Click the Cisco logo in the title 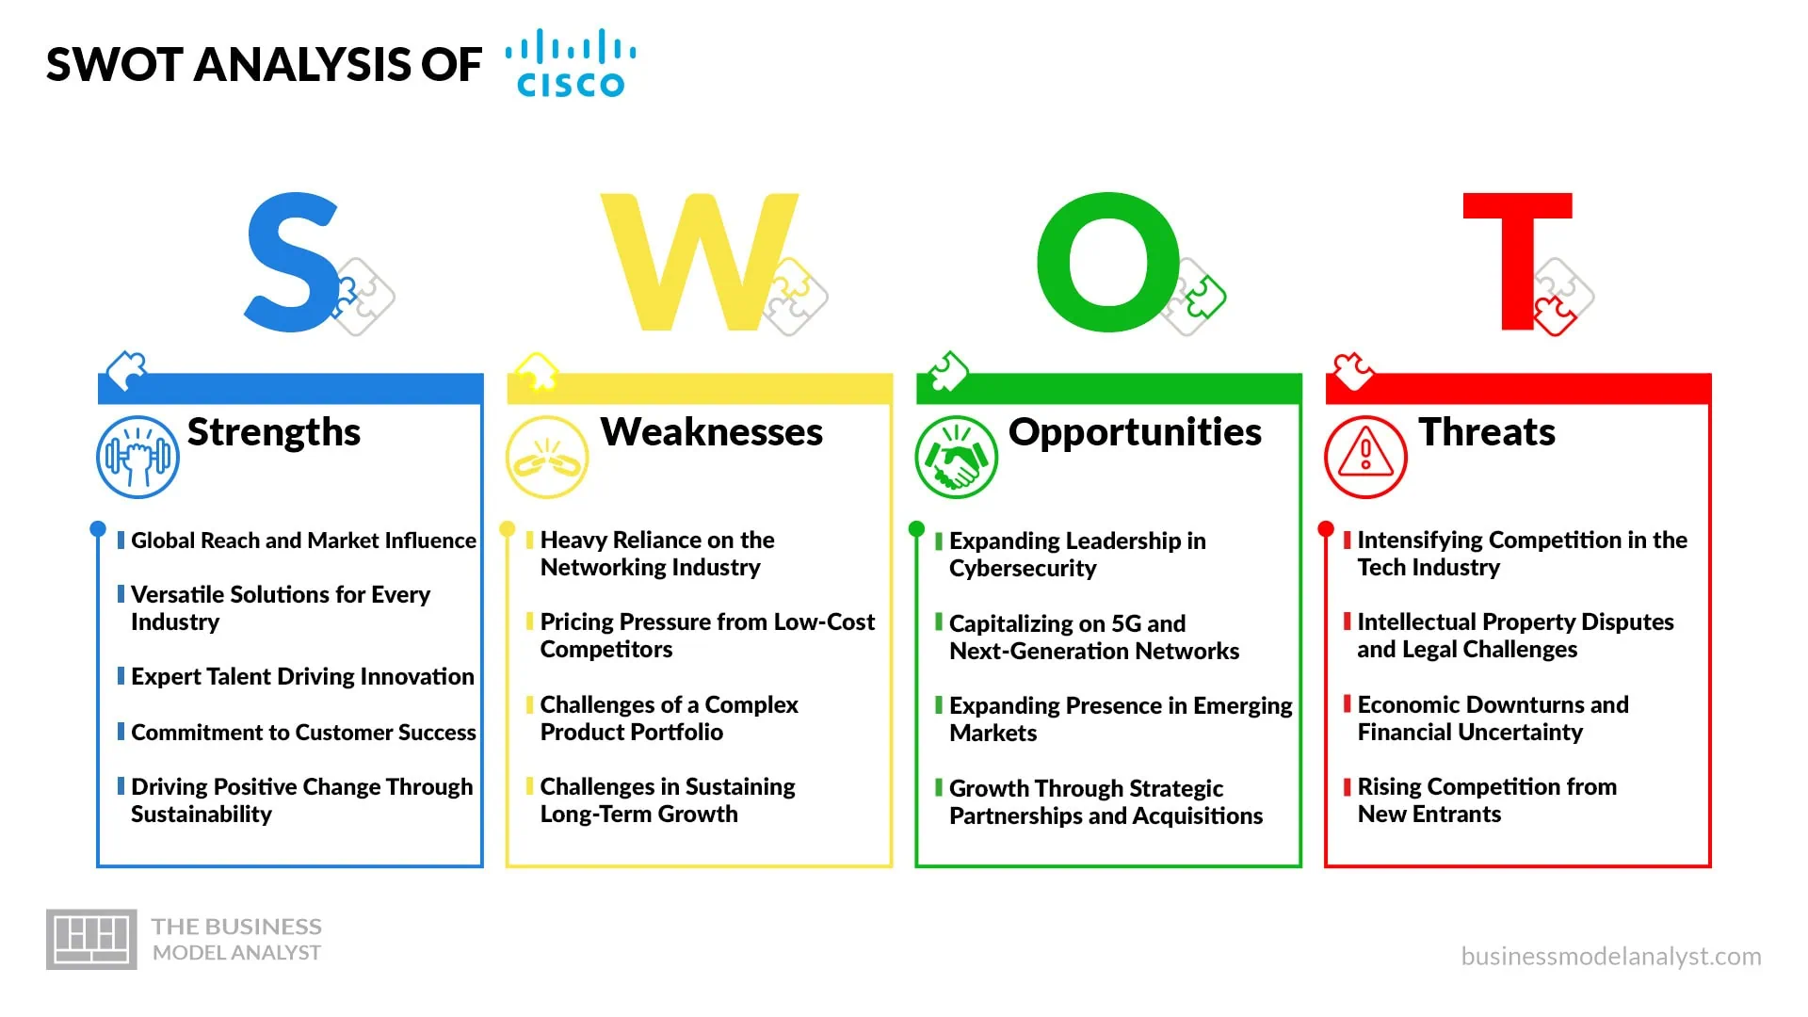571,63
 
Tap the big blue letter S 291,262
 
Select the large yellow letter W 699,262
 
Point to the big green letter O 1107,262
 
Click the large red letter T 1517,262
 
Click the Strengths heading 274,432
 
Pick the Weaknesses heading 712,432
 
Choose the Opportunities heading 1135,433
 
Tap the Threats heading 1487,432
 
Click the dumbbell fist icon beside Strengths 137,457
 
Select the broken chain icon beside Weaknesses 547,457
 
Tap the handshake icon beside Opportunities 956,457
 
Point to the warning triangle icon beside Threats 1365,457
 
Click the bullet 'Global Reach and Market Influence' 303,541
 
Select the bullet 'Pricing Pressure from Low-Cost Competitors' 707,636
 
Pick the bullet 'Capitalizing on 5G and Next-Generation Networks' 1094,638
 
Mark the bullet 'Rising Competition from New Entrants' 1487,800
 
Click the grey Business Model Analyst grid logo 91,939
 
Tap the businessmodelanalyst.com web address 1611,957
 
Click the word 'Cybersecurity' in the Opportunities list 1023,569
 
